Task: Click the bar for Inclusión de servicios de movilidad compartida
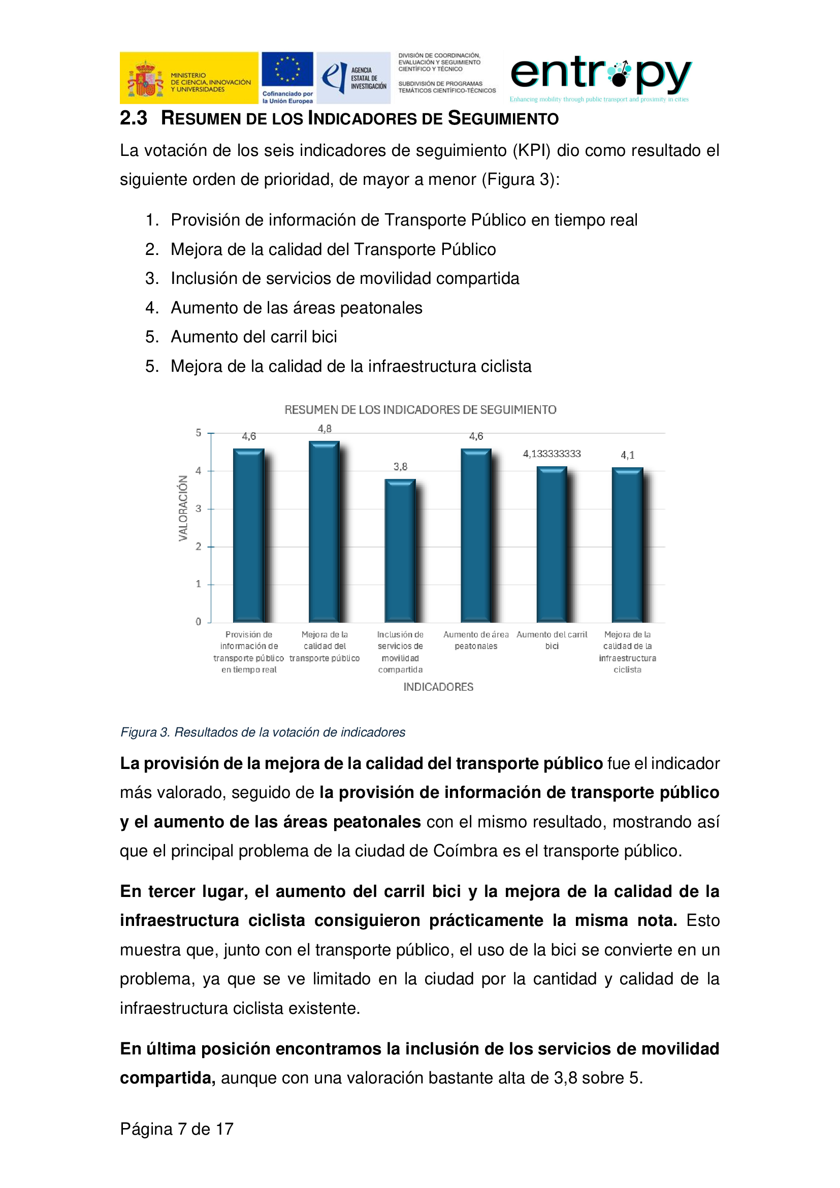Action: (399, 551)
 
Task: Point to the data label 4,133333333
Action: (552, 454)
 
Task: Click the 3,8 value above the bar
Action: (400, 467)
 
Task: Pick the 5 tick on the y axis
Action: (198, 433)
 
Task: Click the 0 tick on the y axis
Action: (198, 622)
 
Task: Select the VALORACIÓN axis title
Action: (183, 508)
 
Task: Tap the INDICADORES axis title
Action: (438, 687)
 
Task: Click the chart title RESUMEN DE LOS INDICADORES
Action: (420, 410)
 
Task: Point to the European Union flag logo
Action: (287, 71)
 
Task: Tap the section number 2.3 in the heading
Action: (134, 118)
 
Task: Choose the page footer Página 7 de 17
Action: (177, 1129)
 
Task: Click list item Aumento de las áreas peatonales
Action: (297, 308)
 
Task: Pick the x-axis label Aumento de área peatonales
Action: (476, 640)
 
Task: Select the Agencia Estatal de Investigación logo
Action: (354, 78)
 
